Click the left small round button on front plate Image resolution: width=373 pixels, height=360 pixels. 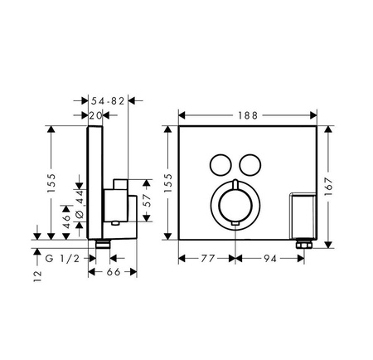tap(220, 163)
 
